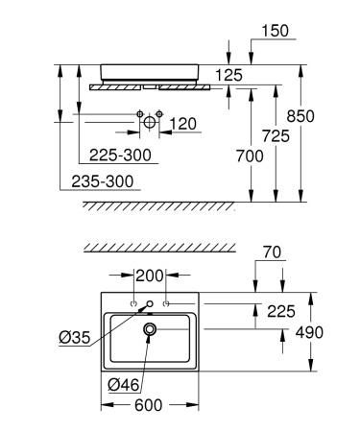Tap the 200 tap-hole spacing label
(150, 276)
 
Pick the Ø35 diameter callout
(74, 336)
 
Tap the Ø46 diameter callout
(124, 384)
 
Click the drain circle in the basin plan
(151, 329)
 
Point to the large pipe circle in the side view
(152, 123)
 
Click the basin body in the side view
(150, 69)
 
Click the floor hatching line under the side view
(158, 205)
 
